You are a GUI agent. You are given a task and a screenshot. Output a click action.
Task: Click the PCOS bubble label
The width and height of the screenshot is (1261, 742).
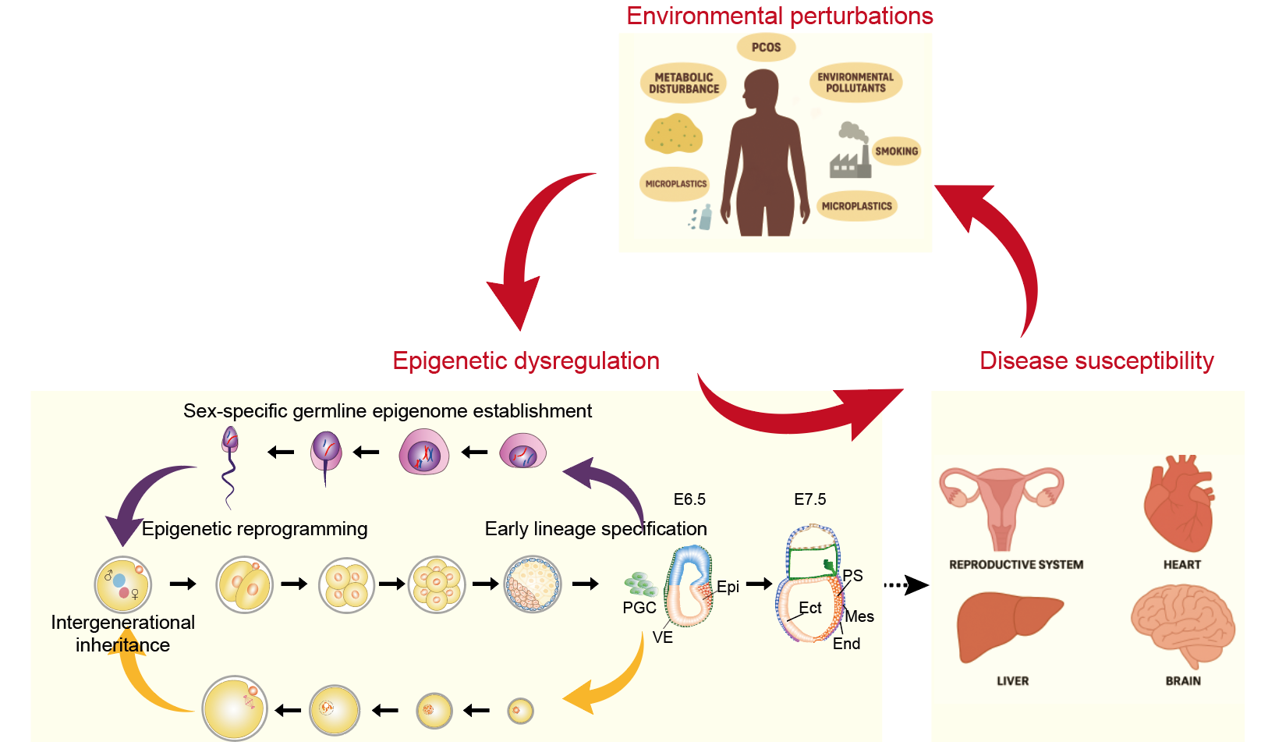766,48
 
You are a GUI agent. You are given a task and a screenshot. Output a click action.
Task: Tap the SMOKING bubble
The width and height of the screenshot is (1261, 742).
896,151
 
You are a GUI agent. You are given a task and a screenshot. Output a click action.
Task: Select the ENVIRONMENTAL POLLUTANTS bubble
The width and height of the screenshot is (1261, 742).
855,83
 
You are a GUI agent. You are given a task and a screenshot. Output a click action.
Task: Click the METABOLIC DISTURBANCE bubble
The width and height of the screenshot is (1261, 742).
683,83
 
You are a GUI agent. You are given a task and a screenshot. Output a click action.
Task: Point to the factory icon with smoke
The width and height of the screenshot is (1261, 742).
850,151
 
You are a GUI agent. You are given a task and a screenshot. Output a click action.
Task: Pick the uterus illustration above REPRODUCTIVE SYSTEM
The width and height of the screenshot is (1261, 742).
1001,504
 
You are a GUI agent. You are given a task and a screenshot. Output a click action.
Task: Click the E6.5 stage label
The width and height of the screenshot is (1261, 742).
689,499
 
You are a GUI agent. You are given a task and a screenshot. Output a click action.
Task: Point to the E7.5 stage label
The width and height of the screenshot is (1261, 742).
809,499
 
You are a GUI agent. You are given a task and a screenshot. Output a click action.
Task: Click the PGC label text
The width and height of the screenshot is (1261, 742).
639,608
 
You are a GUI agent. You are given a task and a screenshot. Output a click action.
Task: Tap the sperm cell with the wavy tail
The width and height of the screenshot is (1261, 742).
229,465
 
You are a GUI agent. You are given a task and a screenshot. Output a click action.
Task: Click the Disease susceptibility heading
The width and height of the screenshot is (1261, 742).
1096,360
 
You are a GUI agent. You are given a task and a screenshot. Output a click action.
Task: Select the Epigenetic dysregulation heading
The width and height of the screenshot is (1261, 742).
526,360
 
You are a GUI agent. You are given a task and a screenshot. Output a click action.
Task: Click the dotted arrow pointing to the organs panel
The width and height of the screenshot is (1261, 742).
905,584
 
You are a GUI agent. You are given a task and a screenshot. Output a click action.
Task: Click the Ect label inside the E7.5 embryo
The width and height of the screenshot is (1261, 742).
810,608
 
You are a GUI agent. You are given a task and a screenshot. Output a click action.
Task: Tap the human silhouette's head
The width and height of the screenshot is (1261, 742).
761,87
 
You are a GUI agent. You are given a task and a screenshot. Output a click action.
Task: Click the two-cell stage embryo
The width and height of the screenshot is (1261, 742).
245,584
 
